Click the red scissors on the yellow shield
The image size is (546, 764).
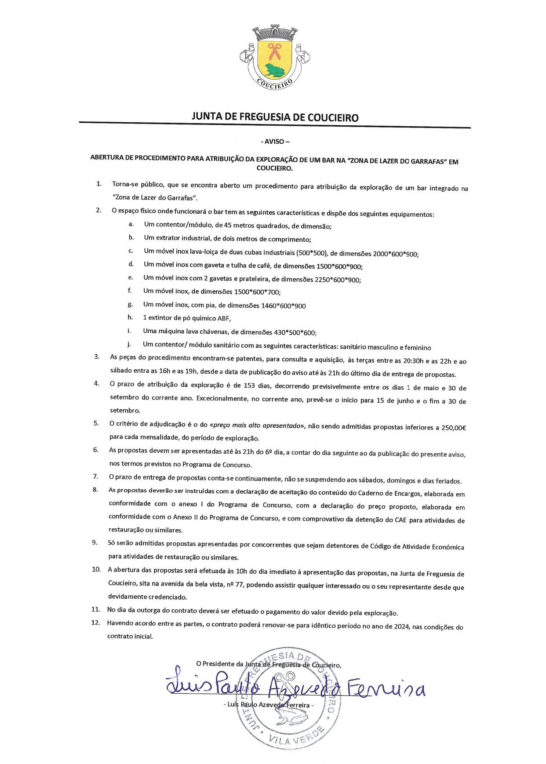pyautogui.click(x=275, y=51)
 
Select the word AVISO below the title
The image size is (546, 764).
pyautogui.click(x=275, y=142)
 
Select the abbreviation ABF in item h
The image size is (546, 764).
pyautogui.click(x=224, y=318)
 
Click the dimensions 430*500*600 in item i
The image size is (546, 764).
pyautogui.click(x=293, y=333)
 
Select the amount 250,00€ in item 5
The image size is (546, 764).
pyautogui.click(x=454, y=427)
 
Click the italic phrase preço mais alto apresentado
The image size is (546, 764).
pyautogui.click(x=258, y=426)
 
